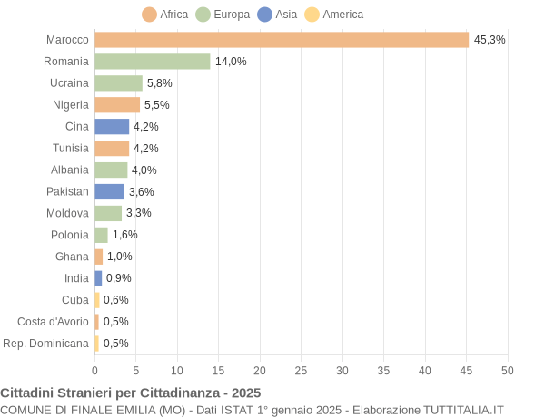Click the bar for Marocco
tap(282, 40)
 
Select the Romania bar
tap(152, 62)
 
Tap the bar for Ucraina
tap(118, 83)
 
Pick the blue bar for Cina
tap(112, 127)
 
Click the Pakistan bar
tap(109, 191)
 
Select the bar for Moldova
tap(108, 213)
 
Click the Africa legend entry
tap(165, 15)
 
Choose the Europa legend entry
tap(224, 15)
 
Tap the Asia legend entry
tap(277, 15)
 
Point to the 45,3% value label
tap(490, 40)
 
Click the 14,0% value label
tap(231, 62)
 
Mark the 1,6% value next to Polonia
tap(124, 235)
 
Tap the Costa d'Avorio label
tap(53, 322)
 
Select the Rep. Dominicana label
tap(46, 344)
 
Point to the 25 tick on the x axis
tap(301, 370)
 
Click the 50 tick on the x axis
tap(507, 370)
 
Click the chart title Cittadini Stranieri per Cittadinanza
tap(130, 393)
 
